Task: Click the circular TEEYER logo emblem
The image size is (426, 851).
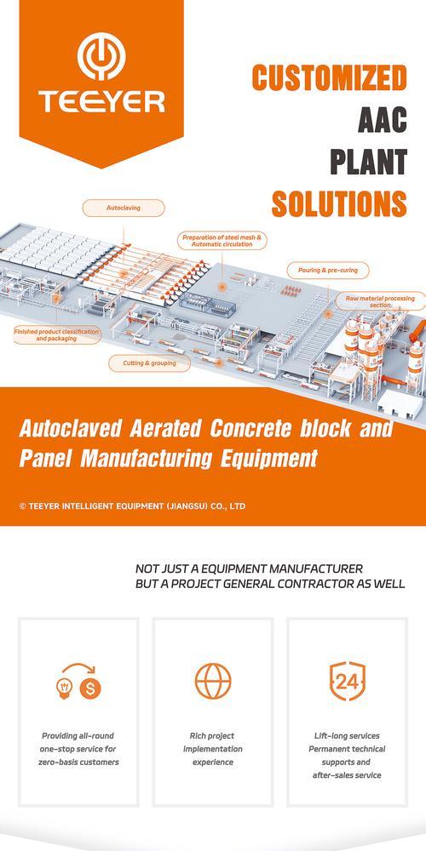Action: click(x=101, y=56)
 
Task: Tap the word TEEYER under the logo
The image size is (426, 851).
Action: click(x=101, y=102)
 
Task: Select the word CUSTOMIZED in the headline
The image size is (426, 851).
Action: click(x=329, y=77)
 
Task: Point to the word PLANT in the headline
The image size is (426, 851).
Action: click(x=369, y=162)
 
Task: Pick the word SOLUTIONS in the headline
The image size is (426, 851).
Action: click(x=339, y=204)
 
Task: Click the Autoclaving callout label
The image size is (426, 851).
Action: click(x=123, y=208)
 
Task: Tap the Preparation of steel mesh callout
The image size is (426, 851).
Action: click(x=222, y=241)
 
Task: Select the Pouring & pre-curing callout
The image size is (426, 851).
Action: click(x=328, y=270)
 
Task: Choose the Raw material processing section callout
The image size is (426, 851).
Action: click(x=380, y=301)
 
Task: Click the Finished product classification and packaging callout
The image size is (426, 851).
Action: click(x=56, y=334)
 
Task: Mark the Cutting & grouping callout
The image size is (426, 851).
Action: click(x=149, y=363)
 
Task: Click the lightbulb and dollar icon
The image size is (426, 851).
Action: click(x=78, y=682)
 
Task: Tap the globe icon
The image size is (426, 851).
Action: click(x=213, y=681)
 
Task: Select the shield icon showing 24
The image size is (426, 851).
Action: click(x=348, y=681)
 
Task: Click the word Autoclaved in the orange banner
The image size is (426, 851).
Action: click(x=71, y=429)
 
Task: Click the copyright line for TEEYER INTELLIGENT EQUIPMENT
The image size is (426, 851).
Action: click(x=132, y=506)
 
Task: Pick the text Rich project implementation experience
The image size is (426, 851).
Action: click(x=212, y=749)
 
